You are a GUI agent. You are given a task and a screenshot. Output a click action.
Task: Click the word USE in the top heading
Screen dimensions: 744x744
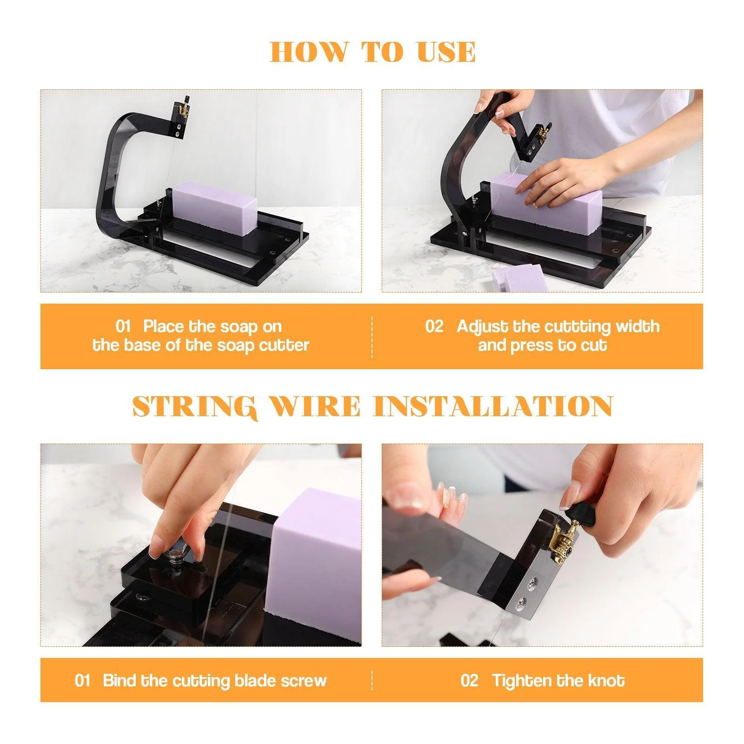[x=446, y=52]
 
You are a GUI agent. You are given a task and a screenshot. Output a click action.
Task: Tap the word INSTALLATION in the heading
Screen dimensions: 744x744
[x=493, y=406]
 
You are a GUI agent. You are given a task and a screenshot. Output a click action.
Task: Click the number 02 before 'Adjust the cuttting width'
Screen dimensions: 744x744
[x=434, y=326]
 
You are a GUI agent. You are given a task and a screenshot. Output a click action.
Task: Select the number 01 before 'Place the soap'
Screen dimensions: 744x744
[x=123, y=326]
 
